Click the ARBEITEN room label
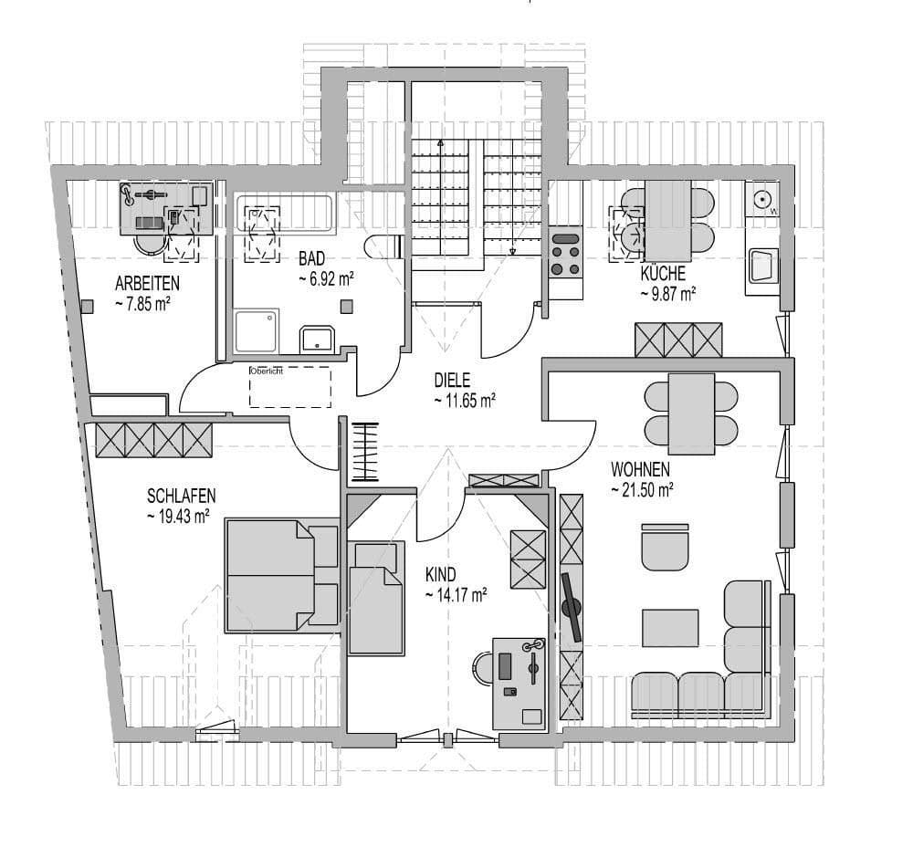(x=147, y=282)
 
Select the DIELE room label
(x=452, y=378)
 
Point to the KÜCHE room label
(x=663, y=273)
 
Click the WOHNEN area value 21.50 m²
(x=642, y=490)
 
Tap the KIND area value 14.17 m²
(x=455, y=594)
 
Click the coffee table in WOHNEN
(x=670, y=627)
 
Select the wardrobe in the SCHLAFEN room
(x=153, y=440)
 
